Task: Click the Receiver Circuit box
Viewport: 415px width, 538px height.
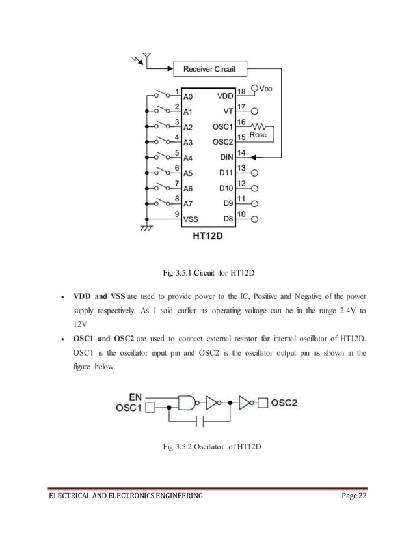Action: pyautogui.click(x=209, y=68)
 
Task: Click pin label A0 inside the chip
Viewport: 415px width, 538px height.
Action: pyautogui.click(x=188, y=95)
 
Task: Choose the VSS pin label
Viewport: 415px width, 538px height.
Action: pyautogui.click(x=191, y=219)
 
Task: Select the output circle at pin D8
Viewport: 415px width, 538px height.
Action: pyautogui.click(x=254, y=219)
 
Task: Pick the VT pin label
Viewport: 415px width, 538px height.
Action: pyautogui.click(x=228, y=111)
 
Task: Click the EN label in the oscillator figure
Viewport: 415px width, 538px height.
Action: pyautogui.click(x=135, y=396)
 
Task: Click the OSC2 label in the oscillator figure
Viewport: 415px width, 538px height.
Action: pyautogui.click(x=284, y=403)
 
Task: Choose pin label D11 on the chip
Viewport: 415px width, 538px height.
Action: pyautogui.click(x=226, y=173)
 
